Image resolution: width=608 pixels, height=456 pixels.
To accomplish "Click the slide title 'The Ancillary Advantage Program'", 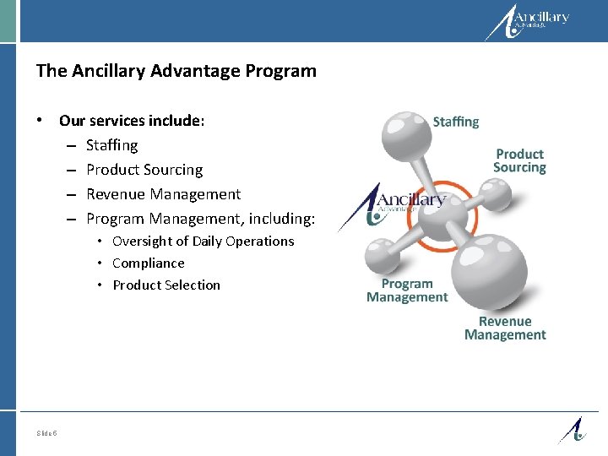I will coord(176,71).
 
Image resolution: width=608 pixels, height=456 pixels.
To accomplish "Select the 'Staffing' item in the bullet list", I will coord(111,145).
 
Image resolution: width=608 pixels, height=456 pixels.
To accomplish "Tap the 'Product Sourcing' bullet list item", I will coord(144,170).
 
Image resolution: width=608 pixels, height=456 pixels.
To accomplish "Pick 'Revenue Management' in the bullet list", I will coord(163,194).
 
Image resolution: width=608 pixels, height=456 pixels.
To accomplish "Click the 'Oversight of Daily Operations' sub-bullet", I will coord(203,242).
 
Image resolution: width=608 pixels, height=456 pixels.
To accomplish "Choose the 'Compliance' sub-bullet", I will coord(148,263).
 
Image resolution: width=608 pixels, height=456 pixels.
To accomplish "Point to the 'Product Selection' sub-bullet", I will coord(166,285).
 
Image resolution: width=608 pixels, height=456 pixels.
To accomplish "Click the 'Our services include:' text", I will coord(132,121).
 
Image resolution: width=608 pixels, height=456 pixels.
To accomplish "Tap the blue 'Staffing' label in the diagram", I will coord(455,122).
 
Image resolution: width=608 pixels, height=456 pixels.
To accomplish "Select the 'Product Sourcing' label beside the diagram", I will coord(519,160).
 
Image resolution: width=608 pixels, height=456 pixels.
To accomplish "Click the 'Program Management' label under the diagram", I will coord(407,290).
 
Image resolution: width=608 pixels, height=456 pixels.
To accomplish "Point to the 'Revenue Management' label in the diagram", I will coord(505,328).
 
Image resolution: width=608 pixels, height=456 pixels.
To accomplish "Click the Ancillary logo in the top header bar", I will coord(528,22).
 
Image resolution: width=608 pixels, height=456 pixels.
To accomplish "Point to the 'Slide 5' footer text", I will coord(47,433).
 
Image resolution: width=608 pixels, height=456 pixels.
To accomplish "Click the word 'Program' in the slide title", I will coord(285,71).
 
